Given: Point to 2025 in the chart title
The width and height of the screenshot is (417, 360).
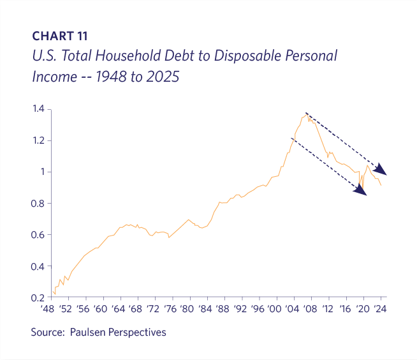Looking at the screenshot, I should point(162,77).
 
